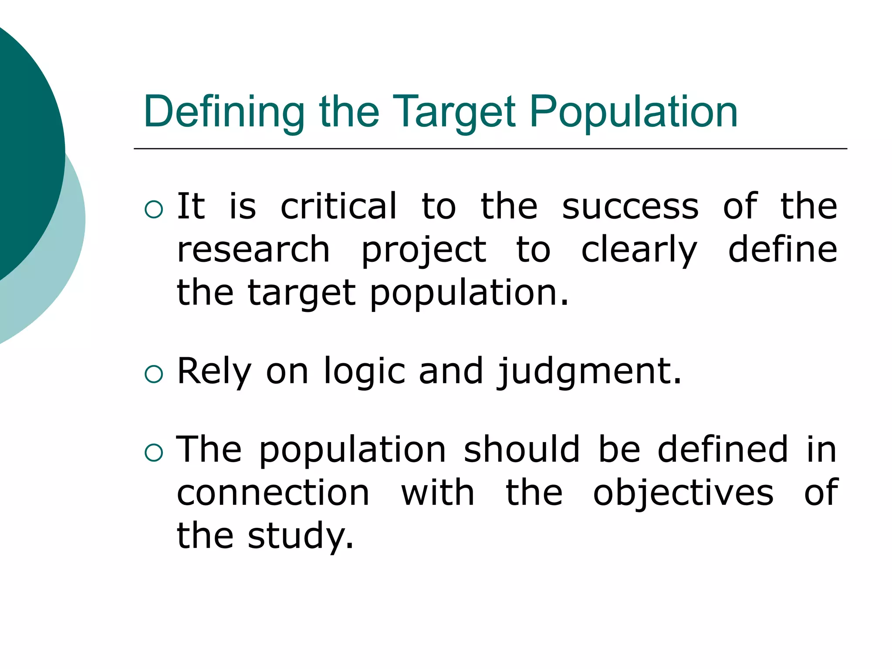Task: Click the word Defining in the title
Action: pos(224,112)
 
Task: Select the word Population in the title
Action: pos(634,112)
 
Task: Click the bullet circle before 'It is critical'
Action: pos(154,209)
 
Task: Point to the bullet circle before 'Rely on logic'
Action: pos(154,374)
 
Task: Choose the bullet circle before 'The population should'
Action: pos(154,453)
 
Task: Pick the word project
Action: pos(424,250)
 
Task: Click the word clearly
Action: pos(639,250)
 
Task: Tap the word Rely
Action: pos(214,372)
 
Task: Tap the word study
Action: pos(300,536)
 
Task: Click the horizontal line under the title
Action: pos(490,149)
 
